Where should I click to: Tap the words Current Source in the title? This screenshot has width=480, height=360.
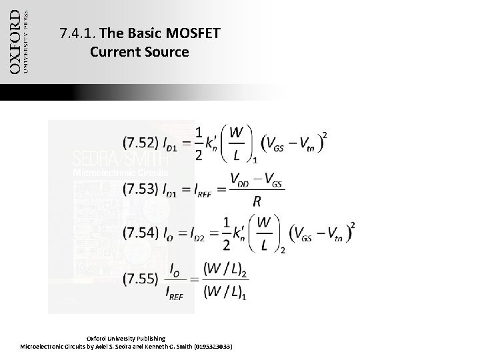point(139,51)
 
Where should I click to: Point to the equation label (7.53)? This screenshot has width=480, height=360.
point(140,189)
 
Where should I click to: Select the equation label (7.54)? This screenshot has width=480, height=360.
point(140,233)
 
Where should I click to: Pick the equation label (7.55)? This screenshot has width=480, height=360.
point(140,277)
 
